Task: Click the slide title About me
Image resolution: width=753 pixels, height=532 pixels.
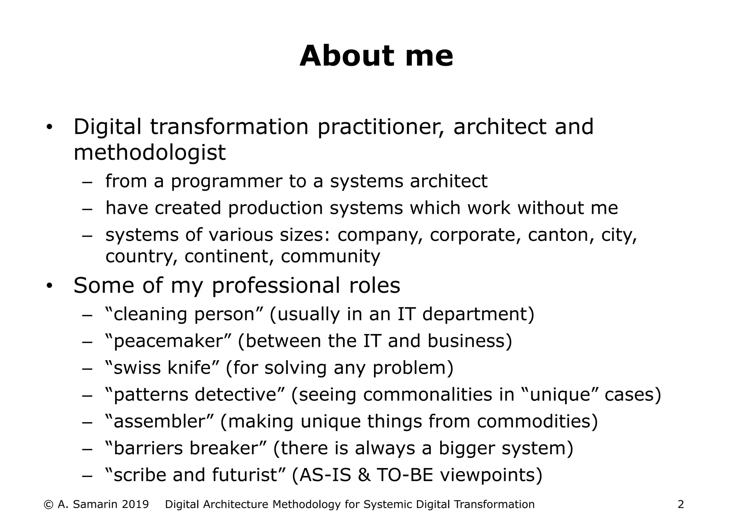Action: pyautogui.click(x=376, y=56)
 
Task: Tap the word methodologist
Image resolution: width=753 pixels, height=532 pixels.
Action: pyautogui.click(x=149, y=152)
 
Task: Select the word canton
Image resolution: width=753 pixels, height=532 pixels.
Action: pyautogui.click(x=558, y=235)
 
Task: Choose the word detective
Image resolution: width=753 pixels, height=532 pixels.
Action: pyautogui.click(x=235, y=395)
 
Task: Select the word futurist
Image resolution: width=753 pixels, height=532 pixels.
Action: pyautogui.click(x=244, y=475)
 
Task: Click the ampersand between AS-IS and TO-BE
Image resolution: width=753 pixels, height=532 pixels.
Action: pyautogui.click(x=364, y=475)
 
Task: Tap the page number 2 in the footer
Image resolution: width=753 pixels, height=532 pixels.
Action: pyautogui.click(x=681, y=504)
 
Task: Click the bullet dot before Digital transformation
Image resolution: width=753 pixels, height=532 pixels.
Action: pyautogui.click(x=50, y=128)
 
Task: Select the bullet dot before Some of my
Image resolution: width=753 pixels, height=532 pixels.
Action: pyautogui.click(x=50, y=286)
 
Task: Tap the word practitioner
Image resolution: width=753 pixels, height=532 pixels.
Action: pyautogui.click(x=380, y=127)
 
